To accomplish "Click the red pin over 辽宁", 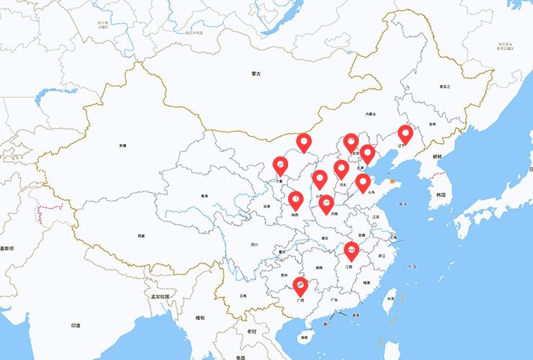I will (x=406, y=134).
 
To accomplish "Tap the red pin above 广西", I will (x=300, y=286).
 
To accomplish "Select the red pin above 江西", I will (x=351, y=251).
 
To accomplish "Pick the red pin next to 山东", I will (x=363, y=182).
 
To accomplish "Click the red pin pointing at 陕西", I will (x=295, y=199).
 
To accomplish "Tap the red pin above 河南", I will (x=326, y=204).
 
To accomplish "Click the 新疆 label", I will (x=122, y=145).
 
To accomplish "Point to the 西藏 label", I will (x=141, y=235).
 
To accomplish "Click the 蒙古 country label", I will (x=256, y=73).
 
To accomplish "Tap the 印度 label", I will (x=76, y=326).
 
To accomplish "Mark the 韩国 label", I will (x=440, y=194).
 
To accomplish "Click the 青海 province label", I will (x=205, y=195).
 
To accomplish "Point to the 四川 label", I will (x=254, y=245).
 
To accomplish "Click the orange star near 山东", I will (x=392, y=181).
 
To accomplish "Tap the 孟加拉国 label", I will (x=160, y=297).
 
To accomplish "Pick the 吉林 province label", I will (x=432, y=124).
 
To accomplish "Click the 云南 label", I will (x=243, y=295).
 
